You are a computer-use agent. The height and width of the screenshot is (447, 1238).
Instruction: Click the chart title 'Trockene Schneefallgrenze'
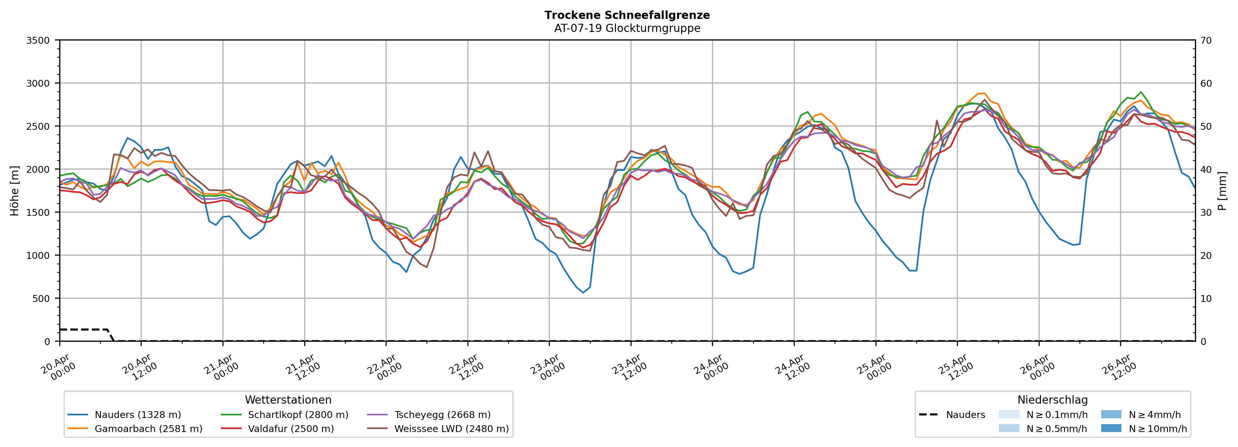[627, 15]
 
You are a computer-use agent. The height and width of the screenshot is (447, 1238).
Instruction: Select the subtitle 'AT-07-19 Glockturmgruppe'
[627, 28]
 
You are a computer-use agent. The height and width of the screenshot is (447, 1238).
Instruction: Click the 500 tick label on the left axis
[41, 298]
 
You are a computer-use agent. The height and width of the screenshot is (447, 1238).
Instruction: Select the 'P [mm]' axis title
[1223, 190]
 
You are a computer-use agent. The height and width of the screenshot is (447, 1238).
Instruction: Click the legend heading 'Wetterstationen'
[288, 400]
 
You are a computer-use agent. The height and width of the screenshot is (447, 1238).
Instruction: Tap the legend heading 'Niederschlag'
[1052, 400]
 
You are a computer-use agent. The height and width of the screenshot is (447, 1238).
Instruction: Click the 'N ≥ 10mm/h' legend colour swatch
[1111, 428]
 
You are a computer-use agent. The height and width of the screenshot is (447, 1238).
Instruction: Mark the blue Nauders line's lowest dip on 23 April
[583, 292]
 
